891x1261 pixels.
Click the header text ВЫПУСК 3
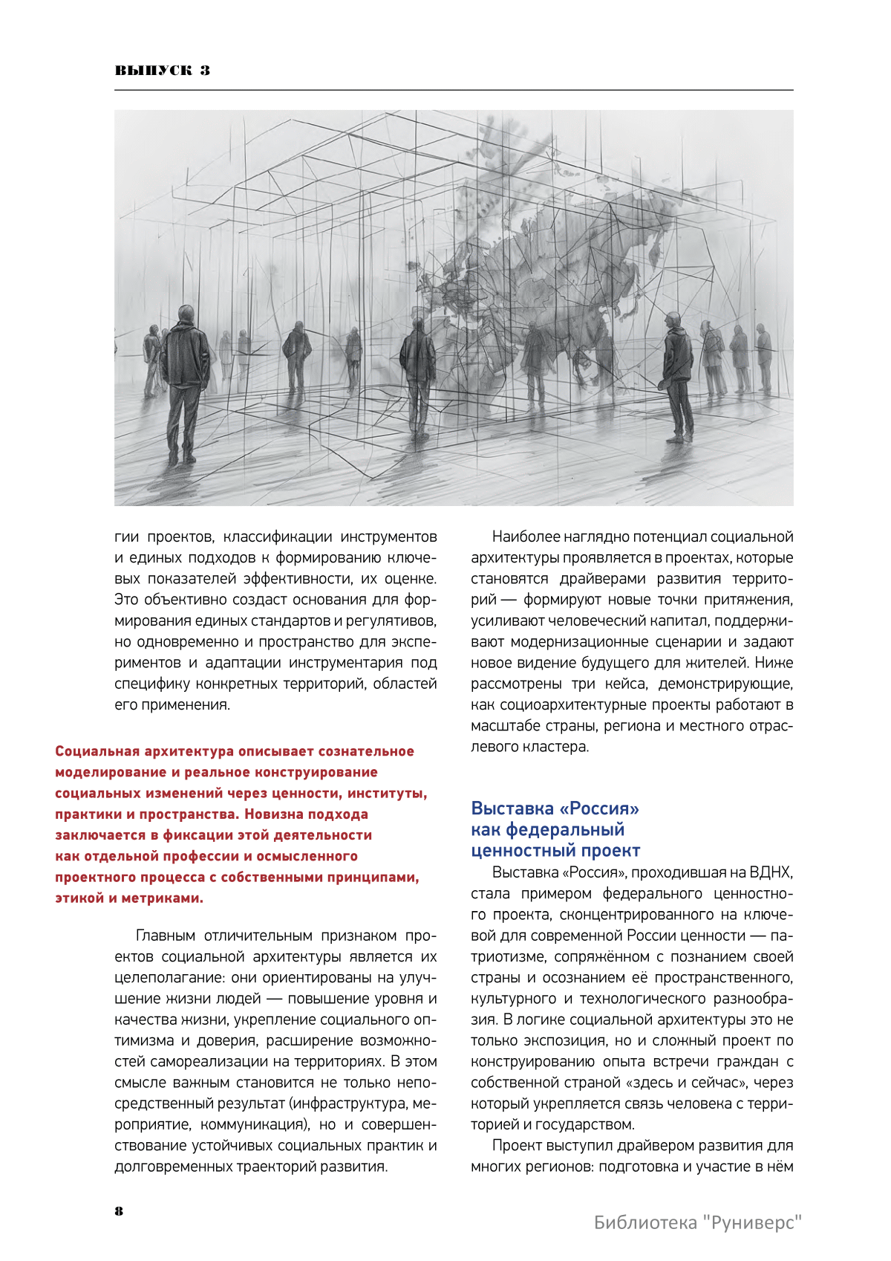click(x=162, y=71)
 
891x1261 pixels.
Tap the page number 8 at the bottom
click(x=119, y=1210)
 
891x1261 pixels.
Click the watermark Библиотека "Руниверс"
click(x=698, y=1222)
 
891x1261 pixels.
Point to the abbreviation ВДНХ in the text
click(x=771, y=872)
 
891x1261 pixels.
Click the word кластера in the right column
click(x=557, y=746)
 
